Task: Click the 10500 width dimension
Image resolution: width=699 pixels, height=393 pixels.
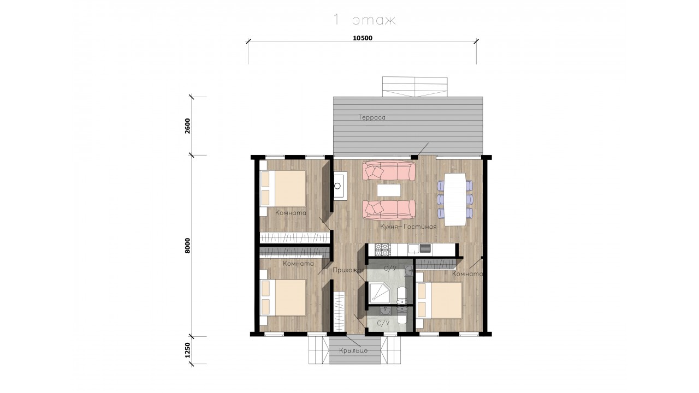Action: pos(362,38)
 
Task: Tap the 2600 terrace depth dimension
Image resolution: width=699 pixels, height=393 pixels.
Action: pos(187,126)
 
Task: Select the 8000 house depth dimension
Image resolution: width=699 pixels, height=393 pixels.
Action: pos(187,246)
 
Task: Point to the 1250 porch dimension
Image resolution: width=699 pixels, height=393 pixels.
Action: pos(187,350)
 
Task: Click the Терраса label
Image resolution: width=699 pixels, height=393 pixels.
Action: pos(372,117)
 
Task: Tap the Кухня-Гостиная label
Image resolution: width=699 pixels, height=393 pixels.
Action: pos(408,227)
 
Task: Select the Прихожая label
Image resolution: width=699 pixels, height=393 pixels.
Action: pos(348,270)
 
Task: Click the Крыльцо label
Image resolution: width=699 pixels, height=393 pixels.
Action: pos(353,350)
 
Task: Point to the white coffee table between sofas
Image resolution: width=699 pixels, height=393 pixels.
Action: pos(389,190)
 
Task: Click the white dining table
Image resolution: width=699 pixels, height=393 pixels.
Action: pos(455,199)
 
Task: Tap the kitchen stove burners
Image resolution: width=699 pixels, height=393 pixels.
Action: pos(383,250)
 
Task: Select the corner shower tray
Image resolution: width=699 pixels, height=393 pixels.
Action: pos(378,293)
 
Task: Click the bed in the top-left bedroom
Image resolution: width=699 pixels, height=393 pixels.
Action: pos(283,188)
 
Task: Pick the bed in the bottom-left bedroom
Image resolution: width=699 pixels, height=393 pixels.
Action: pos(283,297)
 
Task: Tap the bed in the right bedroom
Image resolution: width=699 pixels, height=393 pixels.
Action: pos(439,300)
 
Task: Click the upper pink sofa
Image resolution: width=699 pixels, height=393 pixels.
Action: pos(389,171)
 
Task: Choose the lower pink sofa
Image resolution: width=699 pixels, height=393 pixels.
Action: pos(389,210)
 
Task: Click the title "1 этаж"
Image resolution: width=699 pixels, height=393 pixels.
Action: pos(364,20)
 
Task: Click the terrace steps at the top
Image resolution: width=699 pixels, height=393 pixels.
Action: pos(414,87)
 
